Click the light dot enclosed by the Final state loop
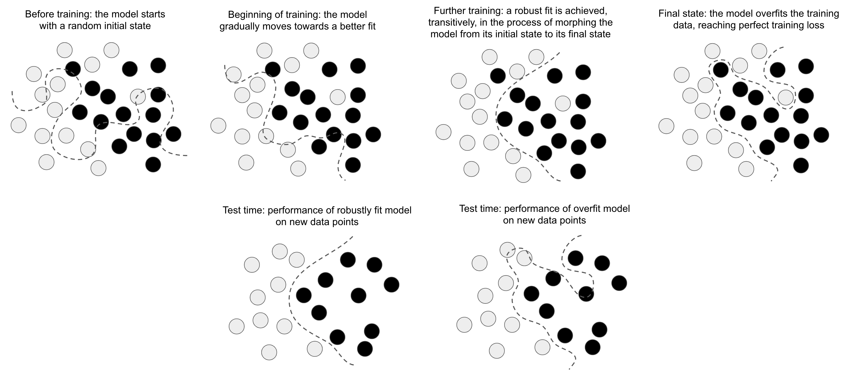click(x=786, y=97)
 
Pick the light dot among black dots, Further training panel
click(x=563, y=103)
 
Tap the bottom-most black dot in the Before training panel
click(x=153, y=164)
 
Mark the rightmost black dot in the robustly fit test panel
click(x=392, y=285)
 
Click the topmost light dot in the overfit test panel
click(x=507, y=250)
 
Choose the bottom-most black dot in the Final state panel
click(x=801, y=165)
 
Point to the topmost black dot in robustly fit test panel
click(x=348, y=260)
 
